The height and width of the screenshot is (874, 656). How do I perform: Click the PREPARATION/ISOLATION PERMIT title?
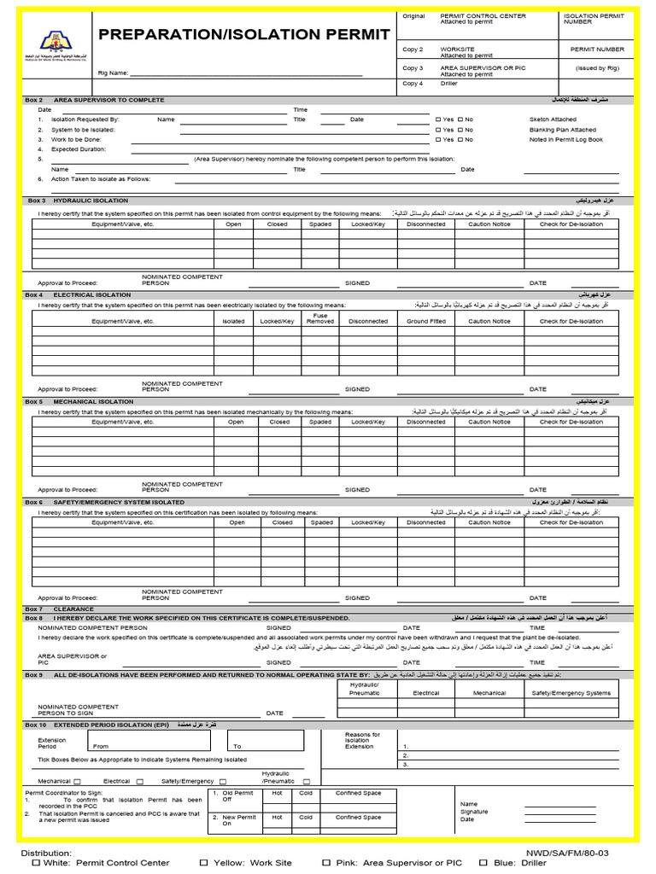point(244,35)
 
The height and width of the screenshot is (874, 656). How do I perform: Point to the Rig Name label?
point(113,74)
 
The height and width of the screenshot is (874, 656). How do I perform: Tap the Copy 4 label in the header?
point(413,84)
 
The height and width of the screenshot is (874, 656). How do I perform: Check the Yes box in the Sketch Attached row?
point(438,119)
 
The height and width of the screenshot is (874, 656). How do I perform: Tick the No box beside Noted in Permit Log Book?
point(460,139)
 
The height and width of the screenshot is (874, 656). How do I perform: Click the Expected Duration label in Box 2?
point(79,149)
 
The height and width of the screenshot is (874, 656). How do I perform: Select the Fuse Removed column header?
point(320,319)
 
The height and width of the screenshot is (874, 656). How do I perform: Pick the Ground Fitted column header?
point(425,322)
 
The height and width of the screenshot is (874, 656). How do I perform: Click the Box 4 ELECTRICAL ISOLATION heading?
point(79,294)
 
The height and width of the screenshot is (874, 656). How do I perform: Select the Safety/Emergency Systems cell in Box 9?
point(571,693)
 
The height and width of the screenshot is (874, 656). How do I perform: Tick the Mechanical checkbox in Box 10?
point(77,781)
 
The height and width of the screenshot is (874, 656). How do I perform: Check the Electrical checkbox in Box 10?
point(140,781)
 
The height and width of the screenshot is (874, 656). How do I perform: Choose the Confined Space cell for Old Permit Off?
point(358,793)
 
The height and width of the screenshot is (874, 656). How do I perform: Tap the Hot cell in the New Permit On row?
point(277,817)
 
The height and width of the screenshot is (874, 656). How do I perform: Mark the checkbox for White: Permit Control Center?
point(36,863)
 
